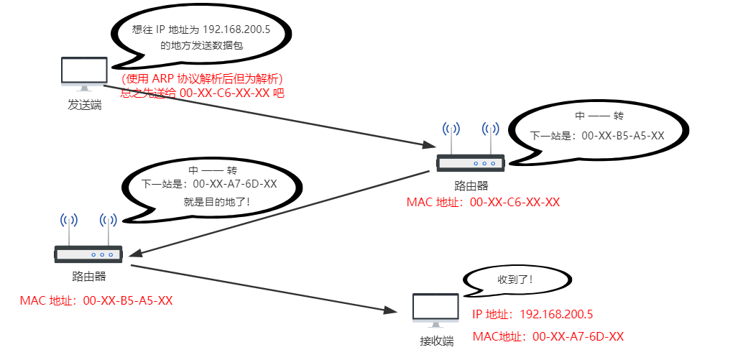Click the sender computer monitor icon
pyautogui.click(x=84, y=73)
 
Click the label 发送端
pyautogui.click(x=84, y=105)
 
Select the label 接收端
pyautogui.click(x=436, y=341)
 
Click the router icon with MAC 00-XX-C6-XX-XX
pyautogui.click(x=471, y=163)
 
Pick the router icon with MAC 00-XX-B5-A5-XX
pyautogui.click(x=88, y=253)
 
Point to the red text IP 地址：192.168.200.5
pyautogui.click(x=532, y=315)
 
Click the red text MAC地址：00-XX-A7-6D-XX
pyautogui.click(x=548, y=336)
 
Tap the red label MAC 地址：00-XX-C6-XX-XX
pyautogui.click(x=483, y=202)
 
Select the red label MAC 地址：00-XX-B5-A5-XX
pyautogui.click(x=96, y=300)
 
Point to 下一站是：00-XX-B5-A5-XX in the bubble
pyautogui.click(x=596, y=135)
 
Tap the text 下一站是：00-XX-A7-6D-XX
pyautogui.click(x=209, y=184)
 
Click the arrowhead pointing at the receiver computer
pyautogui.click(x=391, y=311)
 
